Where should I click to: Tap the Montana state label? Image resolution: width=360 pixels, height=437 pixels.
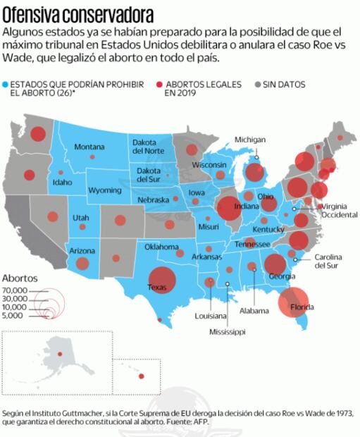point(89,147)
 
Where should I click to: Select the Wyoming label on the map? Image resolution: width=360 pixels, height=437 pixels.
point(104,191)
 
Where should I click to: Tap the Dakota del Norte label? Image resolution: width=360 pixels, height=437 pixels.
point(147,147)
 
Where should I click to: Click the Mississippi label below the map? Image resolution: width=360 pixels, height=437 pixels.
point(227,331)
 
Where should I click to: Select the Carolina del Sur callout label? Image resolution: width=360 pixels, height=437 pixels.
point(329,261)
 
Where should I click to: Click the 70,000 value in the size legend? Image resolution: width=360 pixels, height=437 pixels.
point(14,290)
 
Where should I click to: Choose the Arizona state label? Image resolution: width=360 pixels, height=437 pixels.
point(82,251)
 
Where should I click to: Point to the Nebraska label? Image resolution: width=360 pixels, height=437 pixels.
point(153,199)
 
